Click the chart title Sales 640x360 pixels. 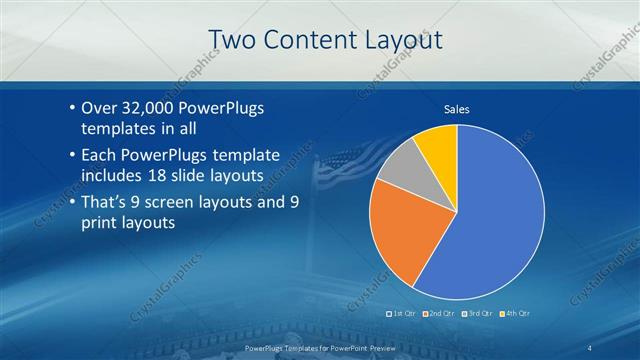[457, 109]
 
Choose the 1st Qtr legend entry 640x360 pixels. [402, 314]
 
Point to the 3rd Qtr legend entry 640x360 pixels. [480, 314]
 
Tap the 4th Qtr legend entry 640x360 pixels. [517, 314]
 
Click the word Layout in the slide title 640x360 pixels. [400, 40]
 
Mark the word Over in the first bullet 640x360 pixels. [99, 108]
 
